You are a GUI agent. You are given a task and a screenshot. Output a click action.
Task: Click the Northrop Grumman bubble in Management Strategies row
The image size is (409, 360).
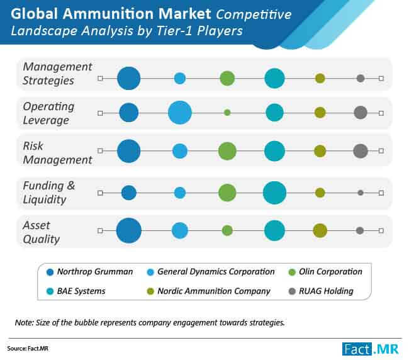[x=128, y=78]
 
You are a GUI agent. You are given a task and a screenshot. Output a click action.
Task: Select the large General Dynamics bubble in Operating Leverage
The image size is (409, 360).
[x=180, y=113]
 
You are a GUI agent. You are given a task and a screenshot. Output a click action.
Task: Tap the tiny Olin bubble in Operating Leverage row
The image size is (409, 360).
[x=227, y=113]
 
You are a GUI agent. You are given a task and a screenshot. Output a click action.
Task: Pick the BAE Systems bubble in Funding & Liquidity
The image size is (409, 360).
[x=274, y=193]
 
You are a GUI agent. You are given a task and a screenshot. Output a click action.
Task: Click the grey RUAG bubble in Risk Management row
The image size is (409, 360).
[x=361, y=151]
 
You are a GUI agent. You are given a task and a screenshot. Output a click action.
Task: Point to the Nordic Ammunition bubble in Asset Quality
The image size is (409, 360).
[x=320, y=230]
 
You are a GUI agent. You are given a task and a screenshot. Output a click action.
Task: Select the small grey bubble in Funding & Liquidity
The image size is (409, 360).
[x=361, y=193]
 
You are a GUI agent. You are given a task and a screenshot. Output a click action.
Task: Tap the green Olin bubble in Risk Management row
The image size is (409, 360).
[x=227, y=151]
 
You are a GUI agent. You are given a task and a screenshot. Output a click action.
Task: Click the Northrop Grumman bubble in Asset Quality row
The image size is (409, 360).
[x=128, y=230]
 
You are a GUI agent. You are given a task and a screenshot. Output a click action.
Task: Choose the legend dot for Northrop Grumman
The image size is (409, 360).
[x=50, y=272]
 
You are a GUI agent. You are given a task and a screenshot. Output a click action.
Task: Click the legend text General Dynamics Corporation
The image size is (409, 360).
[x=216, y=271]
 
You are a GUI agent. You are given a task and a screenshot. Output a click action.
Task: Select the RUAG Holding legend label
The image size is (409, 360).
[x=326, y=291]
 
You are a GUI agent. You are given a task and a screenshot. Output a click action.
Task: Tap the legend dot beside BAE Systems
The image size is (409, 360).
[x=50, y=291]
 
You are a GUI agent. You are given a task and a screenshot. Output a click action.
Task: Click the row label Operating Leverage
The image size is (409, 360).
[x=49, y=113]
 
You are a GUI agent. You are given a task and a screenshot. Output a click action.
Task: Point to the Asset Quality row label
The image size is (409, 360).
[x=42, y=232]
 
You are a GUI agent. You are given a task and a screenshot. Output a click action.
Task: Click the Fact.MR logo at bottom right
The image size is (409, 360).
[x=371, y=349]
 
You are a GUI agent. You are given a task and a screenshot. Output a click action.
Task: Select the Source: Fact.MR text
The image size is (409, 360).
[x=28, y=349]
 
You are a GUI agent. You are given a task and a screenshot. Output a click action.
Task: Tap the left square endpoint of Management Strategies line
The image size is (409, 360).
[x=100, y=78]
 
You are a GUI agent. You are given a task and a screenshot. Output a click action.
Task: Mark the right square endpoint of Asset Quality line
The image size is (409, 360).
[x=381, y=230]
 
